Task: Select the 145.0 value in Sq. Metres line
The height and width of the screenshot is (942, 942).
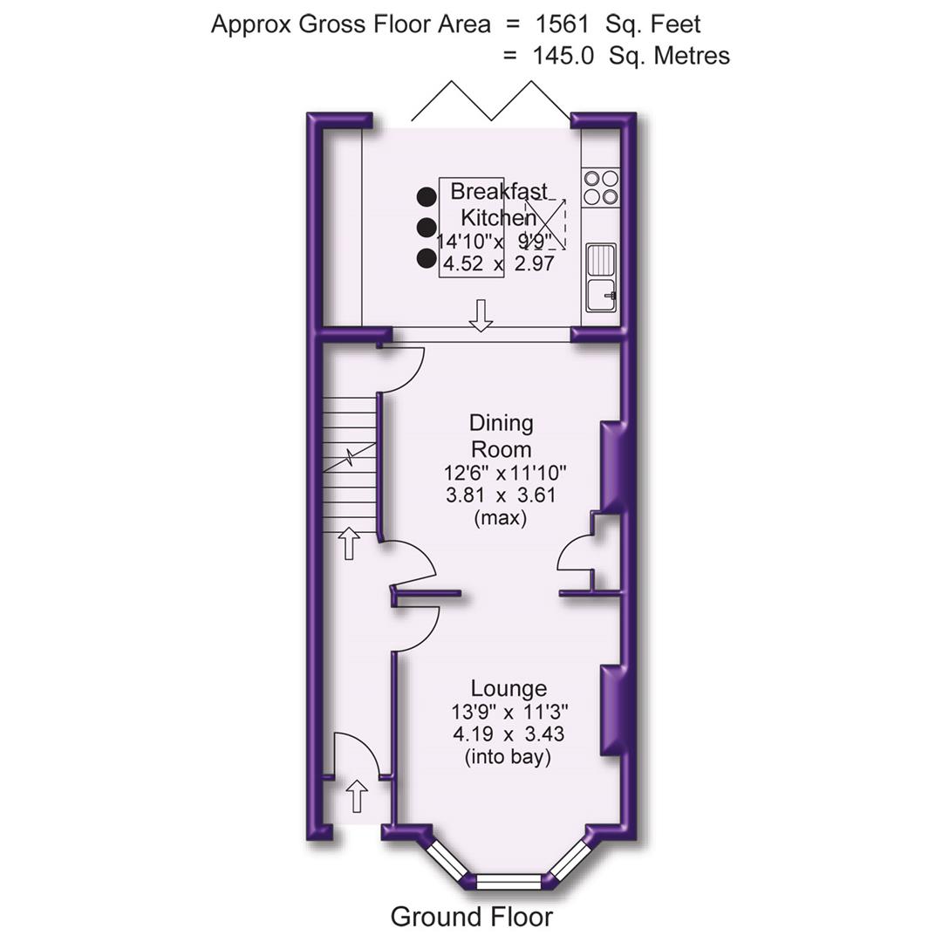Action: [x=563, y=56]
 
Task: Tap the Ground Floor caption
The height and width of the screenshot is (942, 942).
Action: [x=471, y=917]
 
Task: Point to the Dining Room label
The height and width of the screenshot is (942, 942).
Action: [x=501, y=436]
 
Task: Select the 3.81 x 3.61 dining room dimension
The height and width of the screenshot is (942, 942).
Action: [x=501, y=496]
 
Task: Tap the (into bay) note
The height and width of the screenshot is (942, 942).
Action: [x=509, y=757]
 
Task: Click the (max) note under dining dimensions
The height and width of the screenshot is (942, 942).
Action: [x=501, y=518]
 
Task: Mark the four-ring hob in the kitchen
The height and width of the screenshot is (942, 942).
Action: [x=600, y=188]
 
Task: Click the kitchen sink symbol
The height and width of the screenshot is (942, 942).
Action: [x=601, y=277]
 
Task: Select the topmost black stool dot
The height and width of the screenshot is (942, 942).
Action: [x=426, y=197]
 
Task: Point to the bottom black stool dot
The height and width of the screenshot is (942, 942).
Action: [x=426, y=258]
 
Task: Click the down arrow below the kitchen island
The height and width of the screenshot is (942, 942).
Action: [x=479, y=315]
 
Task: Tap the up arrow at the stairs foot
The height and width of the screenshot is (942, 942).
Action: [x=348, y=543]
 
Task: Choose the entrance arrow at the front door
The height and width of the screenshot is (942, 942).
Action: [x=357, y=796]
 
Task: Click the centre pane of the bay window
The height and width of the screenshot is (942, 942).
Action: [x=509, y=881]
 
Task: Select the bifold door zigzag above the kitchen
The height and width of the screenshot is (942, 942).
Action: [x=491, y=101]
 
